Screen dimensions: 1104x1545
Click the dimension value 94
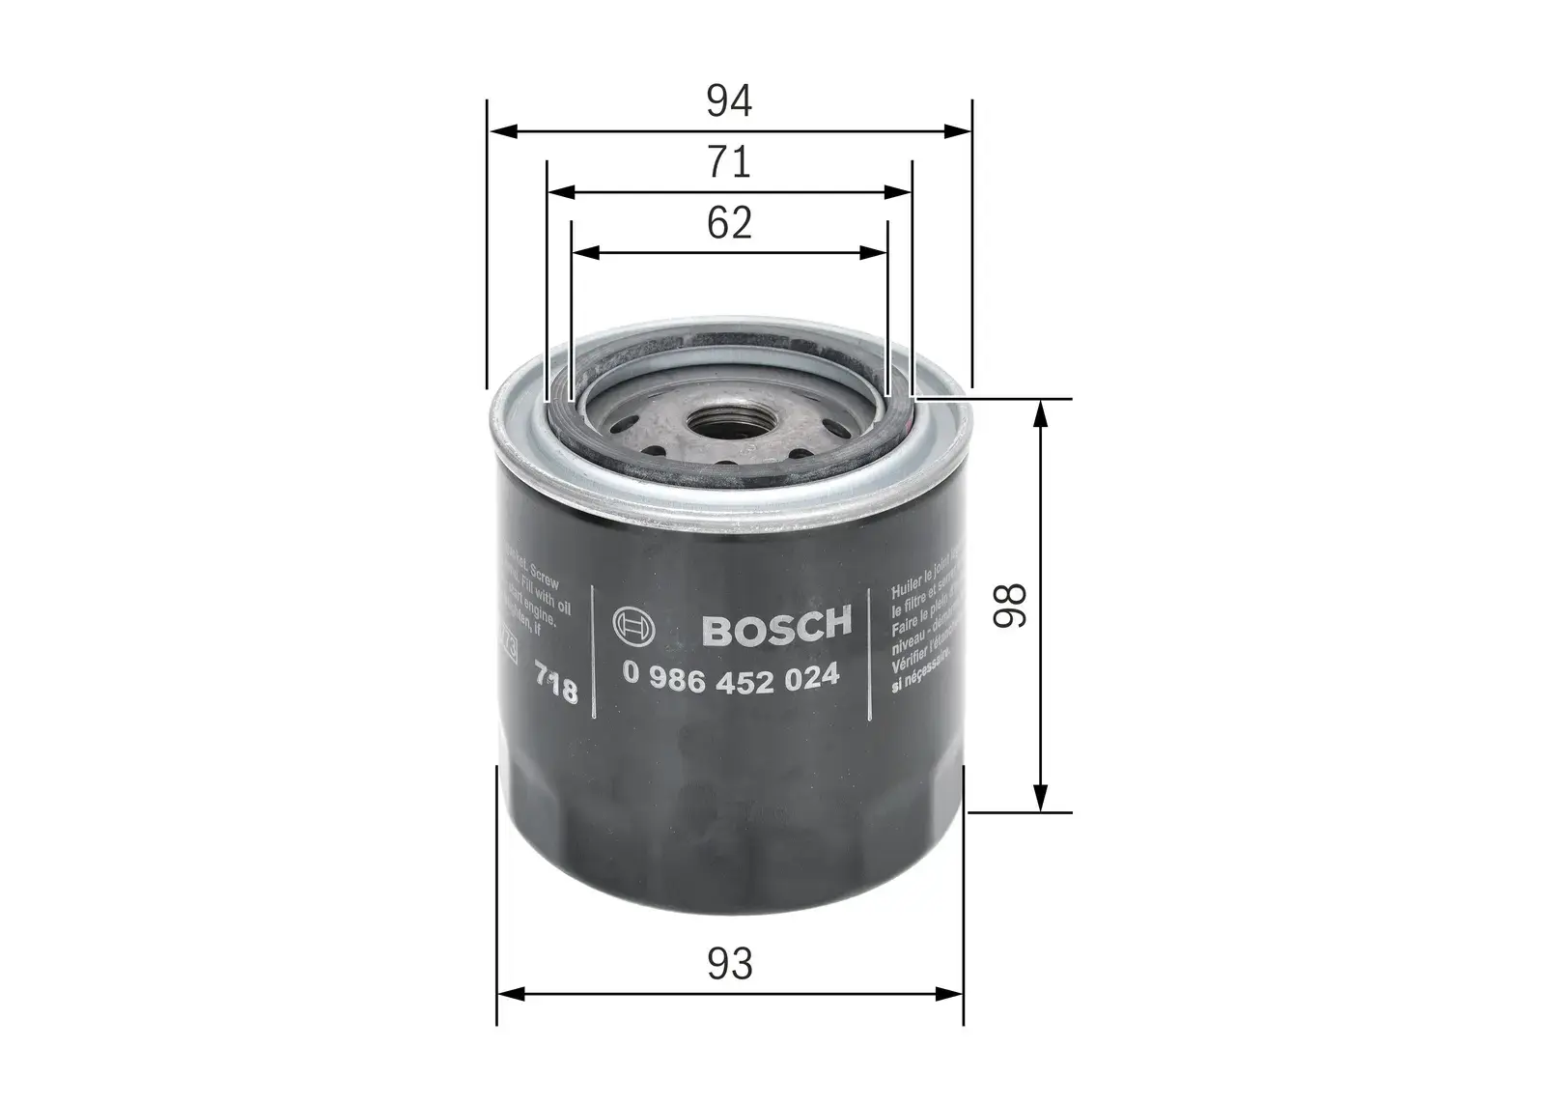(x=728, y=101)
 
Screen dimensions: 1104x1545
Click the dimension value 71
(x=728, y=162)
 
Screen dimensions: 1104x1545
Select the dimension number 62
(x=729, y=223)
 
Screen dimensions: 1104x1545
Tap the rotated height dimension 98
(x=1011, y=606)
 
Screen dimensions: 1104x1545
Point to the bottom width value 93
(x=729, y=964)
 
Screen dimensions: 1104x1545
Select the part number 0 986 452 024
(x=731, y=678)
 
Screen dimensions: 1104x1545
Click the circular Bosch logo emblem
(x=633, y=630)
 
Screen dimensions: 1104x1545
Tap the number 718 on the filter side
(x=556, y=684)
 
